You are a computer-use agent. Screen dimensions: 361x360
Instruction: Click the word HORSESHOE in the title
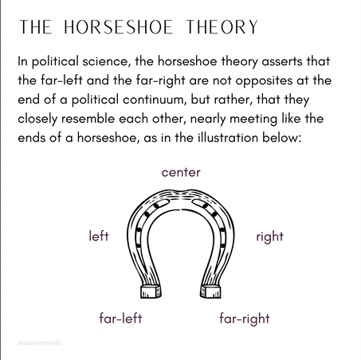coord(119,27)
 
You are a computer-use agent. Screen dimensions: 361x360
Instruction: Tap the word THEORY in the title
coord(222,27)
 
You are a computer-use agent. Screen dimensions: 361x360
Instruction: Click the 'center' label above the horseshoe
coord(181,173)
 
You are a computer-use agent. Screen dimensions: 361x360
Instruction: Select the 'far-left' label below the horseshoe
coord(120,318)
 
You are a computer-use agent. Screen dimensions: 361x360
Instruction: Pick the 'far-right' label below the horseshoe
coord(245,319)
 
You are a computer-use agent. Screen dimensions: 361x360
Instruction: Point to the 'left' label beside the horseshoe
coord(99,236)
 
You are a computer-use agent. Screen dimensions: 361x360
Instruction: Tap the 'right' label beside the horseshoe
coord(269,237)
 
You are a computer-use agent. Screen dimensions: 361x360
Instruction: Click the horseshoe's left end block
coord(151,292)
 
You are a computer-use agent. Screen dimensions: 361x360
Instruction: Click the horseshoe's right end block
coord(210,292)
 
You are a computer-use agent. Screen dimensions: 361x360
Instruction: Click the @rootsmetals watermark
coord(39,342)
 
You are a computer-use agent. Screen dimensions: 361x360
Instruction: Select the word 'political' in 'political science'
coord(55,61)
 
